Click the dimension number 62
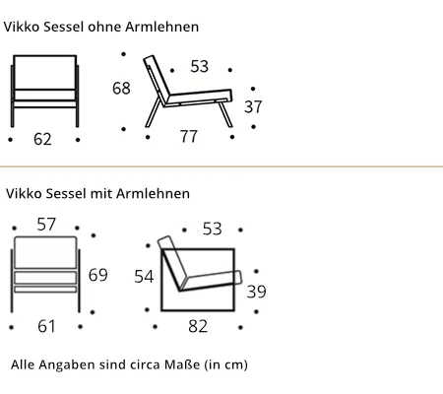point(42,139)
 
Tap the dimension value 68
point(121,88)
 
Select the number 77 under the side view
point(189,136)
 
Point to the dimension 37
point(253,106)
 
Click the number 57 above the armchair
point(46,225)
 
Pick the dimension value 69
point(98,275)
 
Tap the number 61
point(46,326)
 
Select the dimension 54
point(144,277)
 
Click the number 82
point(198,326)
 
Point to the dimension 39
point(257,292)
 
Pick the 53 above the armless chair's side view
point(200,66)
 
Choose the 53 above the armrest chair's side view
point(213,229)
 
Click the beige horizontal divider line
point(221,166)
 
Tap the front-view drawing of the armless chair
point(45,91)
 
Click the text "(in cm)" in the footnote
point(226,364)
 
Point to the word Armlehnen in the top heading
point(161,27)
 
